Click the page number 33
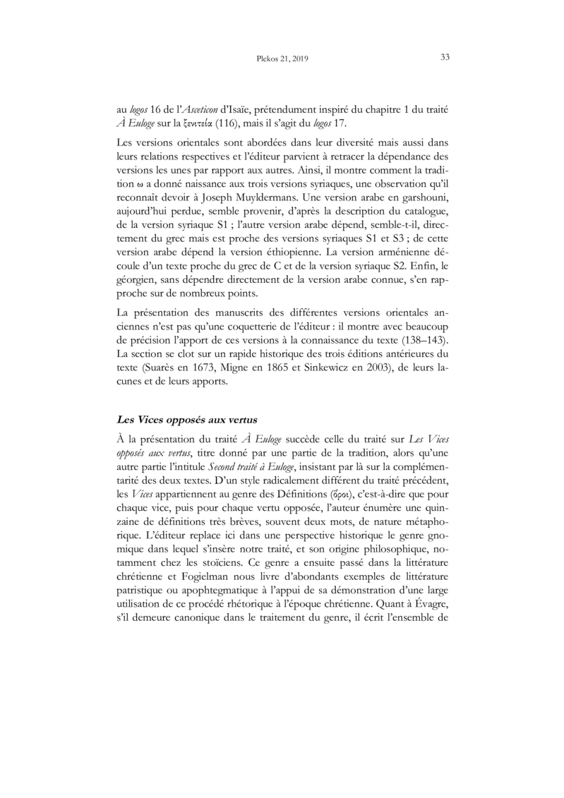(445, 58)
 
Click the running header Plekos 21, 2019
(282, 59)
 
